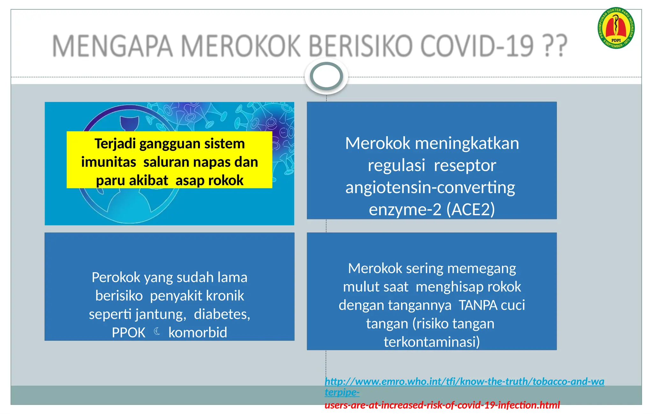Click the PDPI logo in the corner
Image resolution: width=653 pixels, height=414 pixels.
pyautogui.click(x=616, y=28)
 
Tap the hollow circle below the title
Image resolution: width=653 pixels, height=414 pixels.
pyautogui.click(x=326, y=76)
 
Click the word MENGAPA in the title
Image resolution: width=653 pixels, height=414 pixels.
pyautogui.click(x=112, y=46)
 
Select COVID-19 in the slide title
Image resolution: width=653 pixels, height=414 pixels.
pyautogui.click(x=477, y=46)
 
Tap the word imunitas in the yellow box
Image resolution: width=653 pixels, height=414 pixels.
pyautogui.click(x=108, y=162)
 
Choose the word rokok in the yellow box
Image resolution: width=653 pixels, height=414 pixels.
pyautogui.click(x=226, y=181)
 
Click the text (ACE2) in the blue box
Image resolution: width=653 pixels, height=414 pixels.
pyautogui.click(x=471, y=210)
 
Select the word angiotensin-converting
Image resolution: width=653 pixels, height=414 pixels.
pyautogui.click(x=430, y=188)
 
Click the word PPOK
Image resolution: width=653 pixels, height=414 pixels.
pyautogui.click(x=128, y=333)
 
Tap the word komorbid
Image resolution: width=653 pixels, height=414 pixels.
pyautogui.click(x=198, y=333)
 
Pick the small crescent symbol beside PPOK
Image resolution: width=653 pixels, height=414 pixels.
pyautogui.click(x=157, y=332)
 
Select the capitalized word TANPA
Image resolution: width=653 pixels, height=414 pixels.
pyautogui.click(x=478, y=305)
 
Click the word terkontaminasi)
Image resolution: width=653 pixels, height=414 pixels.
pyautogui.click(x=432, y=342)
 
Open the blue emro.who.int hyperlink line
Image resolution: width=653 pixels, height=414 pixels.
pyautogui.click(x=464, y=382)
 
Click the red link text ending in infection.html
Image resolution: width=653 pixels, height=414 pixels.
pyautogui.click(x=442, y=405)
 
